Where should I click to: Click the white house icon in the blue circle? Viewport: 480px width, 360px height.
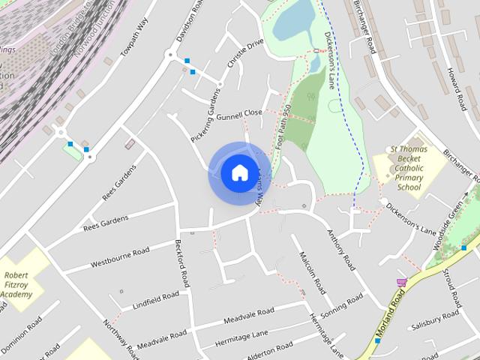[239, 173]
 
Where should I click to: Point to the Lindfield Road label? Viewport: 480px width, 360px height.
[155, 301]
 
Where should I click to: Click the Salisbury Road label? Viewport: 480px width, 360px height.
[434, 320]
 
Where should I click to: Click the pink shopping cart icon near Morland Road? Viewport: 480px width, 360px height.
[401, 283]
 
